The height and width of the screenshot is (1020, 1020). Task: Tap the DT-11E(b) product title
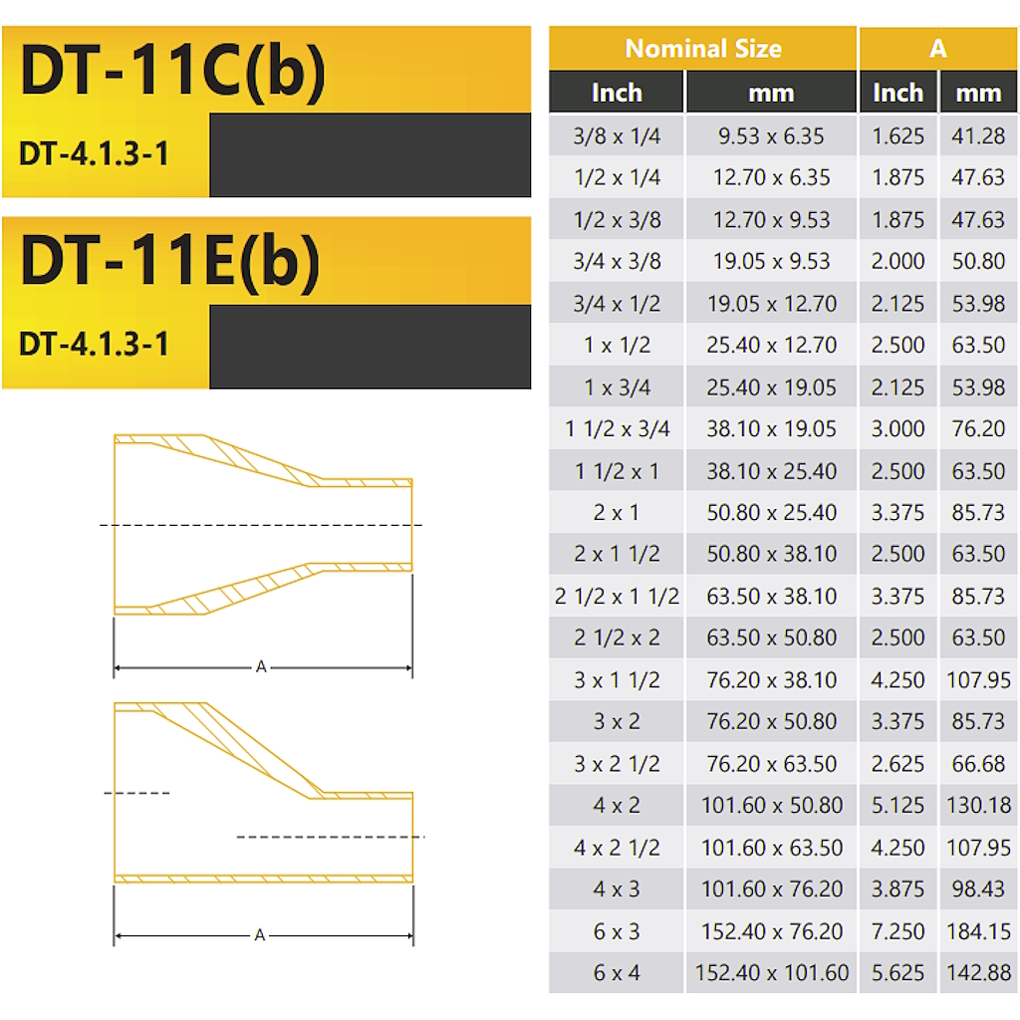170,261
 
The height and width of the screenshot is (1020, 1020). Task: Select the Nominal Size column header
702,48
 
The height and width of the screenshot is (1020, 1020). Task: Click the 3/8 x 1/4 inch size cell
617,136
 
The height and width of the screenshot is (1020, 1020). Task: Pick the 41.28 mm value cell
978,136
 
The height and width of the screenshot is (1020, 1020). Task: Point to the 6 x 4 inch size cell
617,973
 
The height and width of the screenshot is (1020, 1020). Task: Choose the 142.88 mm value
978,973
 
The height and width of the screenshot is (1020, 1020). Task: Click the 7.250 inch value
897,931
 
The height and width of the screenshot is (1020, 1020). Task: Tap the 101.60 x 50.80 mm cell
772,805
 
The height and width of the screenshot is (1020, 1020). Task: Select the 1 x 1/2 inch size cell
617,346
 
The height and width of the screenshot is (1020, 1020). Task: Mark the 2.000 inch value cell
897,262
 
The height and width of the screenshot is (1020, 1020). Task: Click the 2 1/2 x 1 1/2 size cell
617,597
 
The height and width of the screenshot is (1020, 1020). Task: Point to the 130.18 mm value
978,805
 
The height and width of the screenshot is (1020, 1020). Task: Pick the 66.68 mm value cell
978,764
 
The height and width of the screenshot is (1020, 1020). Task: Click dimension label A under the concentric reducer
262,666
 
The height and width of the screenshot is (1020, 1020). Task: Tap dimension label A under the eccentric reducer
260,935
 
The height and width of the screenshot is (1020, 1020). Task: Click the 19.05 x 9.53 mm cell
772,262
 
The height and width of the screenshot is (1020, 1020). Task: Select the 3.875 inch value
897,889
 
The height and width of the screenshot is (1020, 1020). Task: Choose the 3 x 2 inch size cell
617,722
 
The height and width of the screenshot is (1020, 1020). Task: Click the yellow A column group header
937,48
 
